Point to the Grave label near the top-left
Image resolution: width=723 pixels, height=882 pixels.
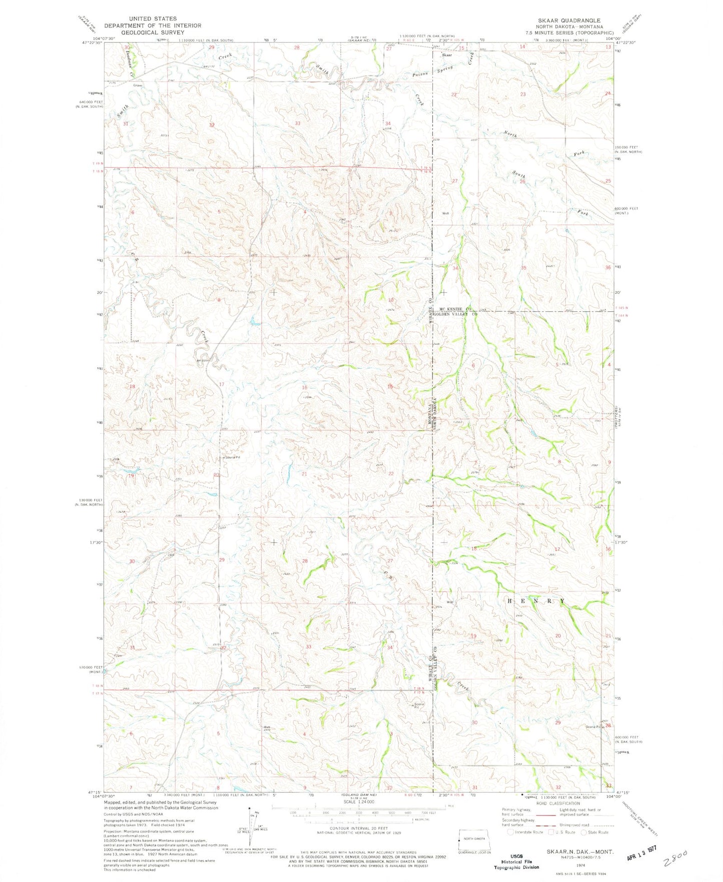point(138,86)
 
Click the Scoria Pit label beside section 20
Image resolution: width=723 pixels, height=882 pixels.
point(231,457)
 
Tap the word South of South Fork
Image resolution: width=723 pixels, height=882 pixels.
point(519,175)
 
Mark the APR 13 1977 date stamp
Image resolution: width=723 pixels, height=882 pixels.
point(642,856)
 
